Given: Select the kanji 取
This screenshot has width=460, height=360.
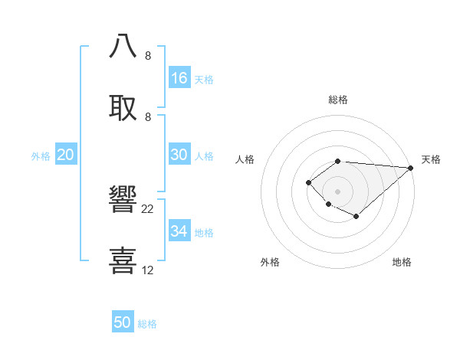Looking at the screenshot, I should click(x=123, y=106).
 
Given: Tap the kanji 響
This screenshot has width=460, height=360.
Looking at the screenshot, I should click(x=123, y=198).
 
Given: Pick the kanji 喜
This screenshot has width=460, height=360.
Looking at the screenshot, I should click(x=123, y=260).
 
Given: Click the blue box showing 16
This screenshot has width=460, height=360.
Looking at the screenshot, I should click(x=179, y=78).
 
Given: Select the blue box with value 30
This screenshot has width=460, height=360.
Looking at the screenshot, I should click(x=179, y=155).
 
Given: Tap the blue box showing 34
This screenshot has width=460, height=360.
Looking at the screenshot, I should click(x=179, y=231).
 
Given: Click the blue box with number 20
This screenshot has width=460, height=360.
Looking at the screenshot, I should click(x=66, y=155).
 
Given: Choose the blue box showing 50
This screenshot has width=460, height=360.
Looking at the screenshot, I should click(x=123, y=322).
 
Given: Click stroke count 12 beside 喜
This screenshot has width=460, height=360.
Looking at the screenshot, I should click(x=148, y=270).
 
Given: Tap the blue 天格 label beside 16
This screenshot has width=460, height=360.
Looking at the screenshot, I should click(x=204, y=79).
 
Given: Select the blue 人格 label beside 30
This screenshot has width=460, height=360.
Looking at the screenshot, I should click(x=204, y=155).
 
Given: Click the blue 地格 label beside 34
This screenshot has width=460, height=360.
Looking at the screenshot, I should click(x=204, y=232).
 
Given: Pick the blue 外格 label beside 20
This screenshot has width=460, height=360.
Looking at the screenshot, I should click(x=41, y=155).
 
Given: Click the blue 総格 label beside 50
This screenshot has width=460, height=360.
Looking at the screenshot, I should click(x=147, y=323).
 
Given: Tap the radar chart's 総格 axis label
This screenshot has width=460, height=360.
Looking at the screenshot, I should click(x=337, y=100).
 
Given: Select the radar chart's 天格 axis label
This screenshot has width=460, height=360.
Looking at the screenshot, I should click(x=431, y=159).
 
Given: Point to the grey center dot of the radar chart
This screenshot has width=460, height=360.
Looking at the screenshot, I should click(x=337, y=191).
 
